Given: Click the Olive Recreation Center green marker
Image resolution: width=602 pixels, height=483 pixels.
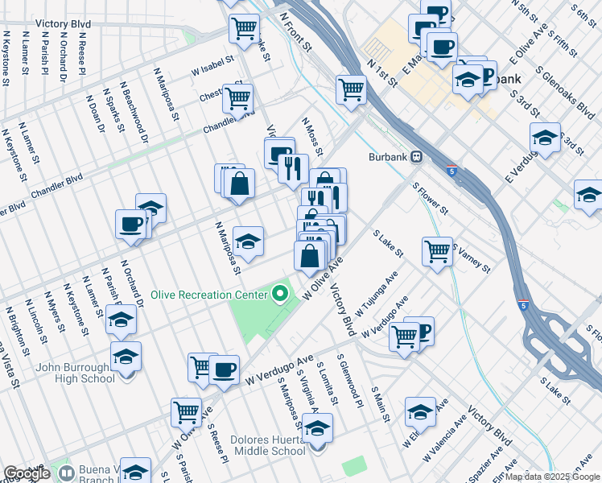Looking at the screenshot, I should (280, 295).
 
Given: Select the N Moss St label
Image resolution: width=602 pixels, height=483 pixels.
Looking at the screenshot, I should (312, 136).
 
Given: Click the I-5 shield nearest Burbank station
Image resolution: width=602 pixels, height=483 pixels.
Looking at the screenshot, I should (451, 170).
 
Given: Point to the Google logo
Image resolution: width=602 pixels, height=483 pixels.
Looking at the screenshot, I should (27, 473).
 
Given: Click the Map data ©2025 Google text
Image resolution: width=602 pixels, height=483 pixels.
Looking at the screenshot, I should (553, 477).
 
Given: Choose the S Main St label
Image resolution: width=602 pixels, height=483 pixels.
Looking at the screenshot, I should (379, 404).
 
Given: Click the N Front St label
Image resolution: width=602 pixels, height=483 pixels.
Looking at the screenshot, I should (295, 31).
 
